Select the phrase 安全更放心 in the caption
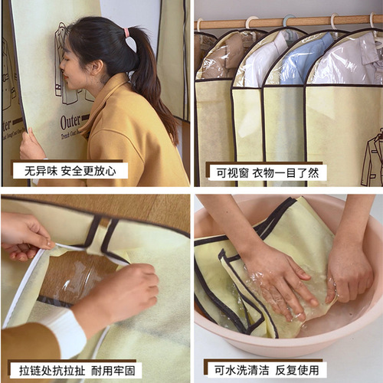90,170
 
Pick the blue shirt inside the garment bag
305,57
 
